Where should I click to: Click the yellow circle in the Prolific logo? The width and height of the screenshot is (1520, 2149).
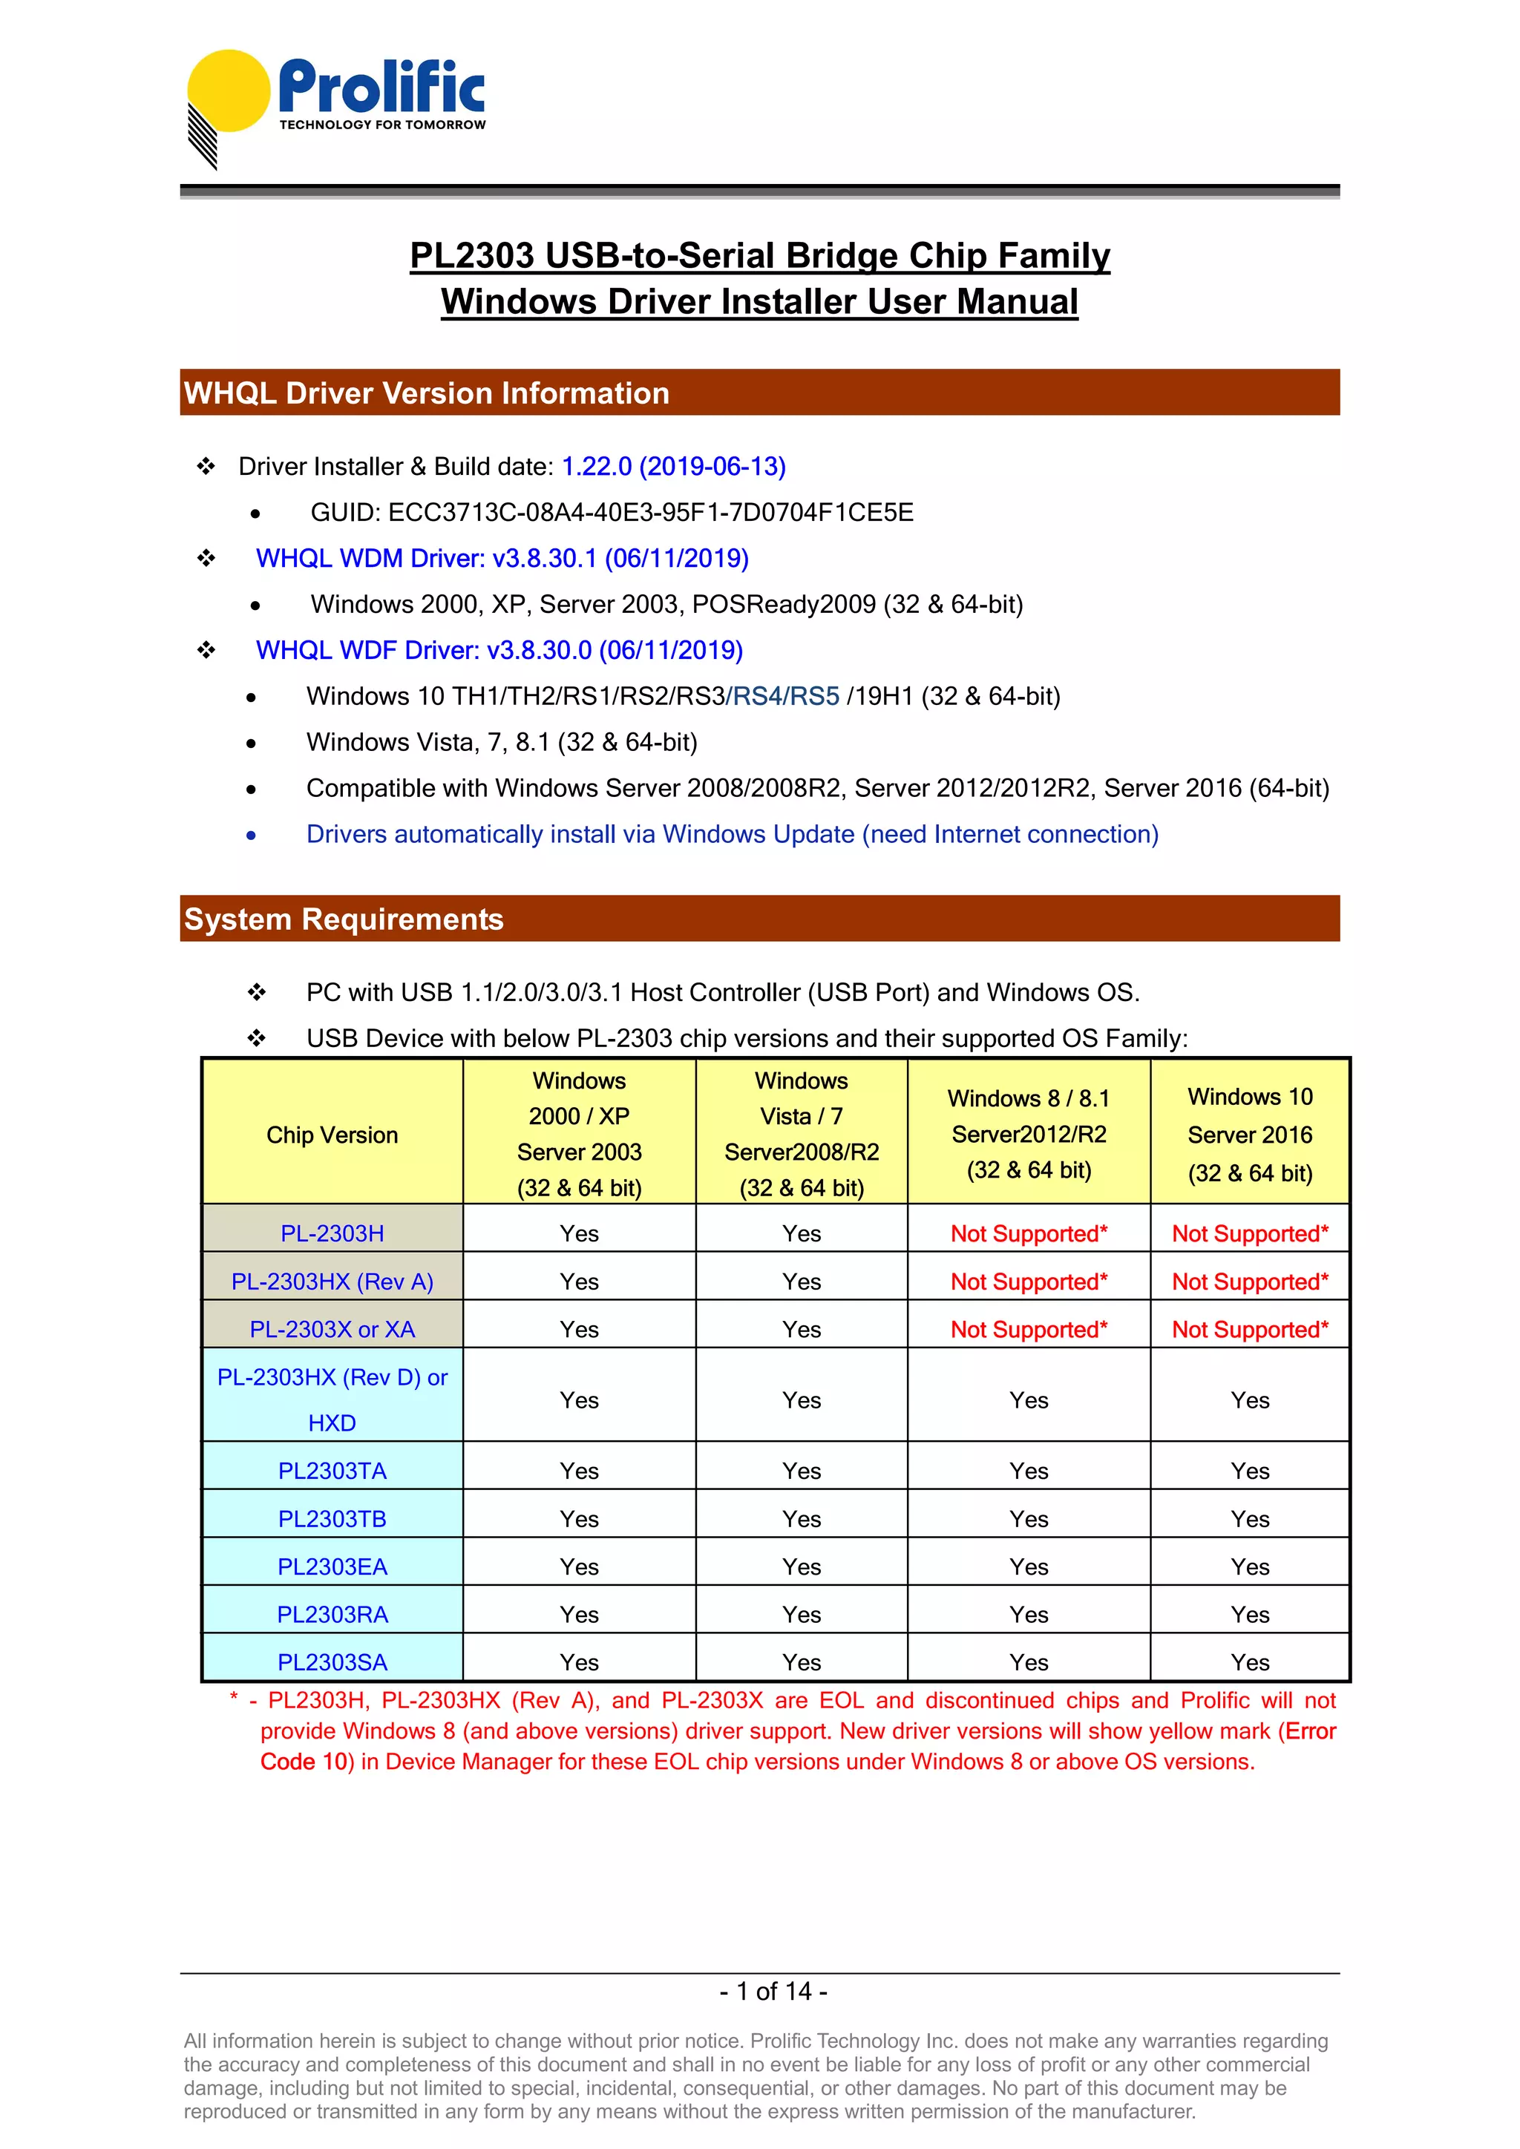229,90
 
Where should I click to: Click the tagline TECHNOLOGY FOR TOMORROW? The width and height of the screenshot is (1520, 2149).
382,125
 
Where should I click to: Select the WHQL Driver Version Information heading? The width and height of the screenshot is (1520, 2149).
427,393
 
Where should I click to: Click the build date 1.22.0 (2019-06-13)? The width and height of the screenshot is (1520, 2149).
673,466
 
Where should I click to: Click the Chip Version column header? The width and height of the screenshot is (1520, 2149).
332,1135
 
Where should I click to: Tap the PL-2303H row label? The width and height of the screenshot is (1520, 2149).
332,1233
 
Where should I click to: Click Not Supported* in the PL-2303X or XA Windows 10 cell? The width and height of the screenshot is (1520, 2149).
1250,1329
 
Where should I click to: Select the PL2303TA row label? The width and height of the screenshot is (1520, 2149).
332,1471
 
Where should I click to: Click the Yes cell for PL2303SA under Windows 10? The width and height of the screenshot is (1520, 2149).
1250,1662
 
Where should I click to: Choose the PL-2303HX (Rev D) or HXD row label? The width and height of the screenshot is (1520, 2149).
332,1400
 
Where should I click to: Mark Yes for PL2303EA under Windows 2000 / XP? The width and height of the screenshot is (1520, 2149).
580,1566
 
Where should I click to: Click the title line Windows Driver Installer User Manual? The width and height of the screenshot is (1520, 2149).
759,302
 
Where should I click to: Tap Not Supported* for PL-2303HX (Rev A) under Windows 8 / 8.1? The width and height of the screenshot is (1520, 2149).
1029,1282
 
